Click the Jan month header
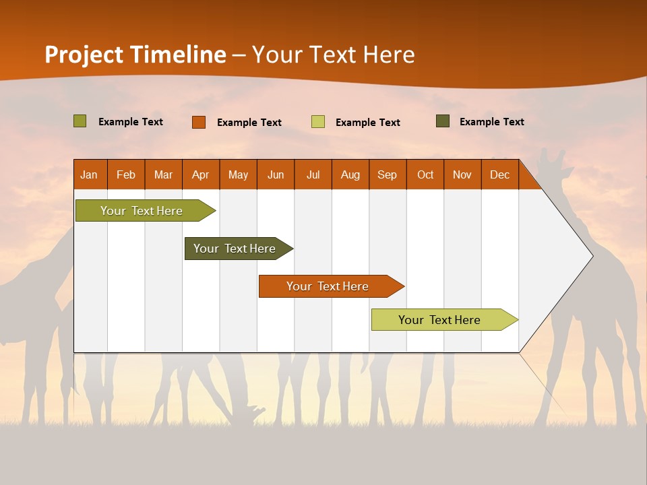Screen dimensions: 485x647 pyautogui.click(x=89, y=174)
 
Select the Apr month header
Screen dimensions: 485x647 pyautogui.click(x=200, y=174)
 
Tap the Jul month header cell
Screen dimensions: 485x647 pyautogui.click(x=313, y=174)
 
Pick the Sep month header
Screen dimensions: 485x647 pyautogui.click(x=387, y=174)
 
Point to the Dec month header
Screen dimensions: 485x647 pyautogui.click(x=499, y=174)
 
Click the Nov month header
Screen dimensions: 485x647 pyautogui.click(x=462, y=174)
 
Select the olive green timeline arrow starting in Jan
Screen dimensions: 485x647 pyautogui.click(x=142, y=211)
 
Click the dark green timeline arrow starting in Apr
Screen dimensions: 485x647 pyautogui.click(x=235, y=249)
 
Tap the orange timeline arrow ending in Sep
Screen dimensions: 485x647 pyautogui.click(x=328, y=286)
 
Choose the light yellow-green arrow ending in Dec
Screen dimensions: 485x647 pyautogui.click(x=439, y=320)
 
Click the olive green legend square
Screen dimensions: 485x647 pyautogui.click(x=80, y=121)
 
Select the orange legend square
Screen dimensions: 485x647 pyautogui.click(x=198, y=122)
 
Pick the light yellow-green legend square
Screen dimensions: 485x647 pyautogui.click(x=318, y=122)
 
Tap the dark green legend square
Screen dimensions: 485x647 pyautogui.click(x=443, y=121)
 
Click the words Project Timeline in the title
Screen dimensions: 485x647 pyautogui.click(x=135, y=55)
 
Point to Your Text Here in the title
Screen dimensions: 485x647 pyautogui.click(x=334, y=55)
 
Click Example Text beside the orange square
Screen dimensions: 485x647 pyautogui.click(x=249, y=123)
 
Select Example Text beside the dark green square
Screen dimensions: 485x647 pyautogui.click(x=491, y=122)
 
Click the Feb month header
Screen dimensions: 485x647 pyautogui.click(x=126, y=174)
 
